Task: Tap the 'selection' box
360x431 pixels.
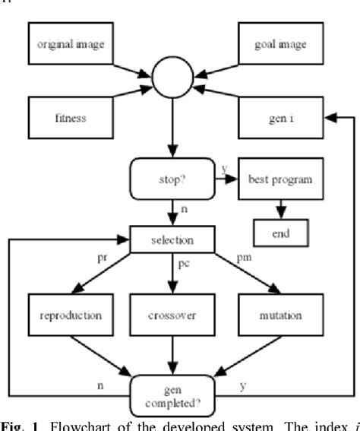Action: coord(172,239)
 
